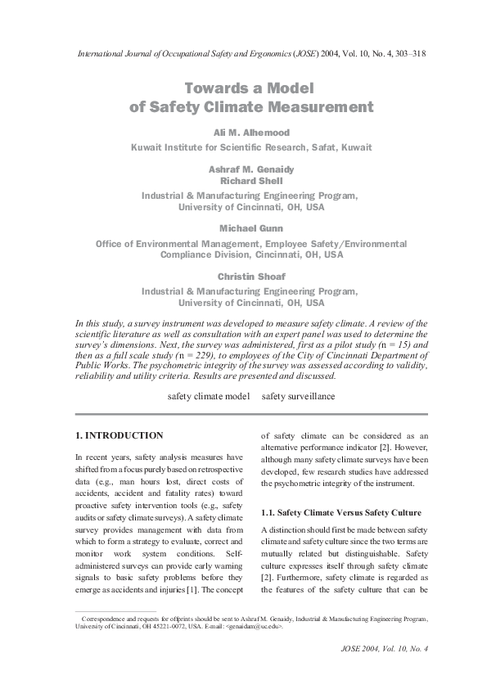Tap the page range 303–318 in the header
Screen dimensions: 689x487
click(x=404, y=53)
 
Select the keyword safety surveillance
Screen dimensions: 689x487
click(x=298, y=396)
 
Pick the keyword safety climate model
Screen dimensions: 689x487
click(x=208, y=396)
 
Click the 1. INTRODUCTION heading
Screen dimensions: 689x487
click(x=119, y=435)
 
